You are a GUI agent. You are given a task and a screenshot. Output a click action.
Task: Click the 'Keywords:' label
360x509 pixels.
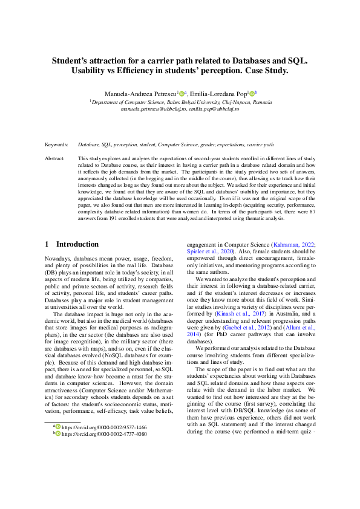pos(56,145)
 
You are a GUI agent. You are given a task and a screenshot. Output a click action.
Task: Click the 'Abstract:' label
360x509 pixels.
pos(55,158)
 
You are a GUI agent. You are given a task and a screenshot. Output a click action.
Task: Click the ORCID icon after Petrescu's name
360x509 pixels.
pos(181,94)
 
